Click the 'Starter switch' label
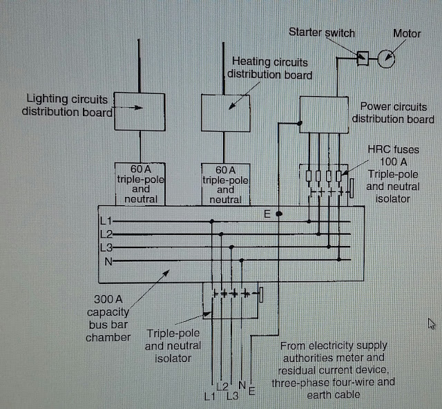point(321,32)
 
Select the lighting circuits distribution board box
point(138,111)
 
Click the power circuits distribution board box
point(323,115)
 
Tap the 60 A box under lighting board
point(138,184)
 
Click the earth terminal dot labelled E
point(278,214)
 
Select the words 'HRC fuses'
point(393,149)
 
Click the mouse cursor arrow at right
point(431,323)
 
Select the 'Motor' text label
point(407,33)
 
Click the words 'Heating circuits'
point(270,62)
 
